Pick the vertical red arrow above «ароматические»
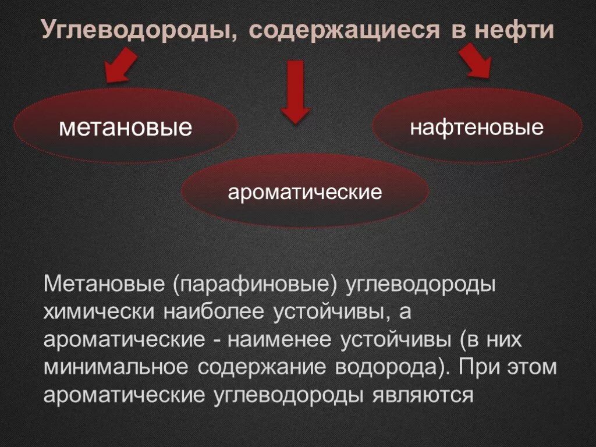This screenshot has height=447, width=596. click(296, 91)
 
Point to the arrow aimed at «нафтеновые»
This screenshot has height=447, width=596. click(476, 61)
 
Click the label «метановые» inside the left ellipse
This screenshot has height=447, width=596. click(125, 127)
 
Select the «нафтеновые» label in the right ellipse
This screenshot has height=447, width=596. click(477, 127)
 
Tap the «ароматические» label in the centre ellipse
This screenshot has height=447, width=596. click(305, 191)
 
